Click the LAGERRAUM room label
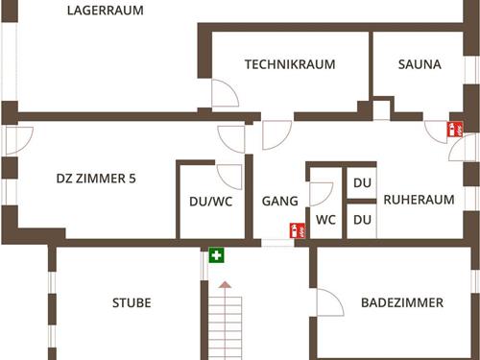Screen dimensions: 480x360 point(106,12)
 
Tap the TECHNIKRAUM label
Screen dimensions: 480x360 point(290,65)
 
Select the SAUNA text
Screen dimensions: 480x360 point(420,65)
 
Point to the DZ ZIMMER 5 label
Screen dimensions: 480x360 point(96,179)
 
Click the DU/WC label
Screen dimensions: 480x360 point(210,202)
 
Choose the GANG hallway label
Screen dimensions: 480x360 point(280,202)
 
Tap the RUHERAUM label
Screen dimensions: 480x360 point(419,201)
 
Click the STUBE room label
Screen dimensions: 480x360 point(132,302)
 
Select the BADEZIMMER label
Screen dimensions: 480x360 point(402,302)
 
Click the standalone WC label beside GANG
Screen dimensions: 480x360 point(326,219)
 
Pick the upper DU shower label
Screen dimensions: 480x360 point(362,183)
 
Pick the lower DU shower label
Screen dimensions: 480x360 point(362,220)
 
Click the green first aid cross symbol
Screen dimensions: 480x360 point(217,255)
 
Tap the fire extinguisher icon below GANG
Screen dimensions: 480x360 point(299,230)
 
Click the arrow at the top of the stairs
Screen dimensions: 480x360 point(225,285)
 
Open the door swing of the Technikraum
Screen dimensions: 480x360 point(224,94)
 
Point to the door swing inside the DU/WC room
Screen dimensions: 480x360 point(230,175)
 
